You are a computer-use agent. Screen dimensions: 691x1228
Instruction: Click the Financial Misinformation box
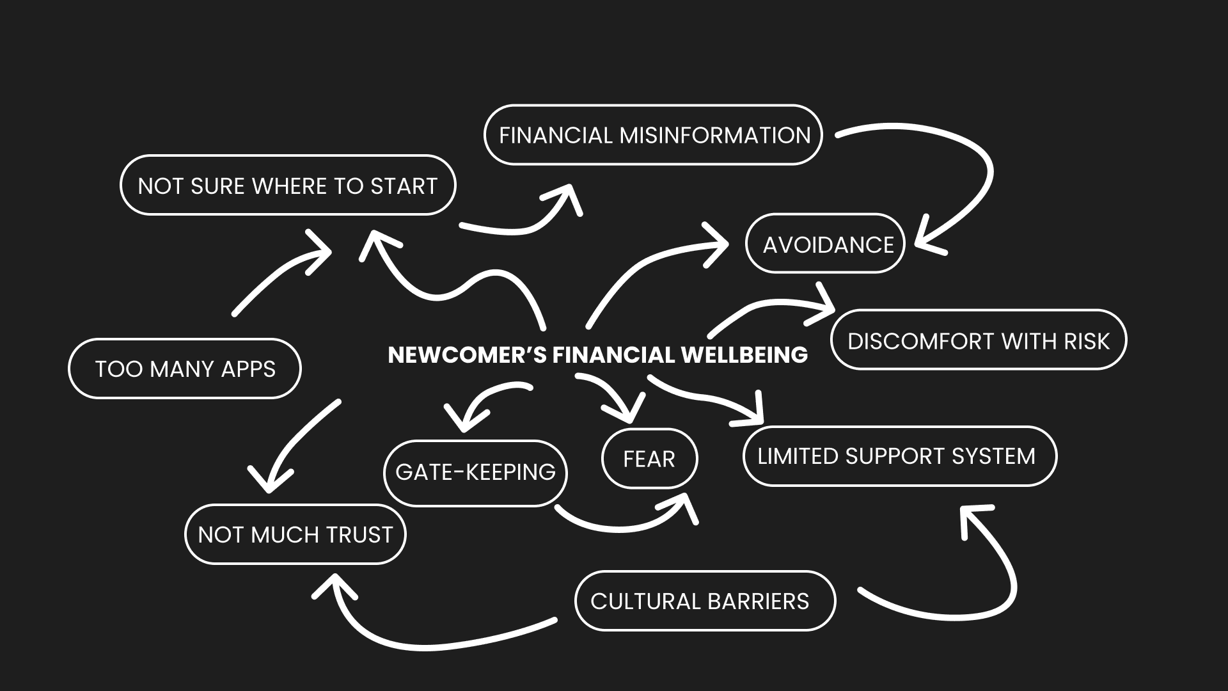click(x=653, y=135)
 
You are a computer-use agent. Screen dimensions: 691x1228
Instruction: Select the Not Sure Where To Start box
click(x=288, y=186)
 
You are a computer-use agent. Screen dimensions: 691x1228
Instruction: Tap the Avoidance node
click(x=825, y=244)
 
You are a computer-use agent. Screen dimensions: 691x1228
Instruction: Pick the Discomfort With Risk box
click(x=978, y=340)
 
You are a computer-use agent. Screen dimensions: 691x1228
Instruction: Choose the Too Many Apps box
click(x=184, y=369)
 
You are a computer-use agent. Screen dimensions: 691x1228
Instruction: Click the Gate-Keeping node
click(x=475, y=472)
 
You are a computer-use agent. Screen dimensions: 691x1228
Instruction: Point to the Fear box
click(x=649, y=459)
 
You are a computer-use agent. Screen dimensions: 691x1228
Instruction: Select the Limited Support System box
click(x=899, y=456)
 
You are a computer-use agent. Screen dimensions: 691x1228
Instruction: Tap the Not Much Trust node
click(x=295, y=534)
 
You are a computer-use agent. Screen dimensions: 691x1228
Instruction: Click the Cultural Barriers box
click(x=705, y=601)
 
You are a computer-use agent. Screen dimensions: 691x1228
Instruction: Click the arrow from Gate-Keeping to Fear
click(x=620, y=526)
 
